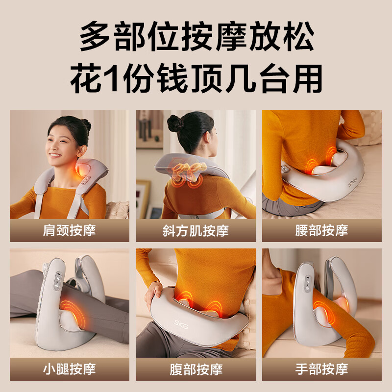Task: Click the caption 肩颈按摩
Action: (x=70, y=231)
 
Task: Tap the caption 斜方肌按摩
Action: (x=196, y=231)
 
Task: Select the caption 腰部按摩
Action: (x=321, y=231)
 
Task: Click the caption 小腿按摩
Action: (x=70, y=369)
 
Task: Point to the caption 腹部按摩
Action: (x=196, y=369)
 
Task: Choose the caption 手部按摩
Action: (x=321, y=369)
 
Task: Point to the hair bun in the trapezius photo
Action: (x=175, y=123)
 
